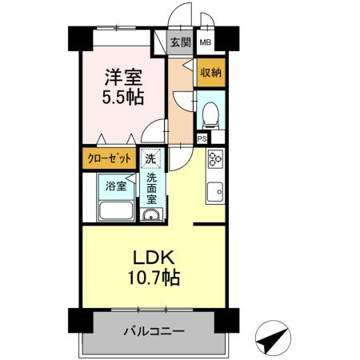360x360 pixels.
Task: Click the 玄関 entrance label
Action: click(181, 42)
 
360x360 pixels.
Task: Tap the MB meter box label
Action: click(206, 42)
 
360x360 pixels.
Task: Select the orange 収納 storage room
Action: click(211, 72)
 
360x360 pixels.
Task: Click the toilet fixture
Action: click(210, 116)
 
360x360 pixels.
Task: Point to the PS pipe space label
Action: click(202, 138)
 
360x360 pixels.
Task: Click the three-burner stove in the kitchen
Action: click(215, 158)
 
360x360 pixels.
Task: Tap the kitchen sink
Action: click(215, 192)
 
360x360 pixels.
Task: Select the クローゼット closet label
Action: click(110, 158)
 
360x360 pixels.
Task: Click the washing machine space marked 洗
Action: click(150, 158)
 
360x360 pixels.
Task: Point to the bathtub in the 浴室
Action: click(116, 210)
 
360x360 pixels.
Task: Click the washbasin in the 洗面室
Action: click(151, 214)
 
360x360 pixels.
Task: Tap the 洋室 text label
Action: click(123, 78)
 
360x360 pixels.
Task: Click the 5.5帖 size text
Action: click(123, 97)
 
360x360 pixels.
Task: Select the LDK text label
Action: click(154, 258)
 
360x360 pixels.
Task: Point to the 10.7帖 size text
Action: click(154, 278)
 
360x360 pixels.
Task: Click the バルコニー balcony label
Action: click(154, 331)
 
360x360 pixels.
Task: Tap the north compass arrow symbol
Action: click(273, 338)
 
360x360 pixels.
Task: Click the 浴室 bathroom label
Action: click(116, 186)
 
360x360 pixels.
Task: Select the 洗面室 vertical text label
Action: click(151, 188)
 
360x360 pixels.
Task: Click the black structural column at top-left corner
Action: click(80, 38)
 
